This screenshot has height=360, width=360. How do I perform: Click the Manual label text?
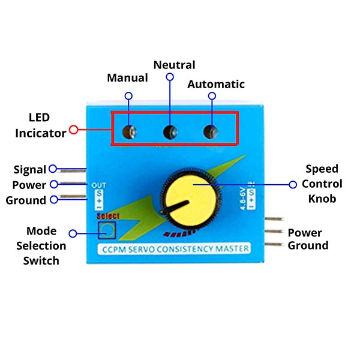click(x=127, y=78)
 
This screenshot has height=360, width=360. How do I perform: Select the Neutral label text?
click(x=174, y=65)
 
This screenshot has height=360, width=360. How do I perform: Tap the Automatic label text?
click(x=216, y=85)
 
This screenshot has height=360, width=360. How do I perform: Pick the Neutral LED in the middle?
click(x=170, y=131)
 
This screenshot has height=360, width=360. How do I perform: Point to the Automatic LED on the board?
click(x=210, y=131)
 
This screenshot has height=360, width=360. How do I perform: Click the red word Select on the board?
click(x=108, y=216)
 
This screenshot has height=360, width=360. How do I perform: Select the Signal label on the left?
click(x=30, y=170)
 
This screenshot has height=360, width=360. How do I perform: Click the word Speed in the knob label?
click(x=322, y=169)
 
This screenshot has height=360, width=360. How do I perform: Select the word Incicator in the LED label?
click(x=41, y=133)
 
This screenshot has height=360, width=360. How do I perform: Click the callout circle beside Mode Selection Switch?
click(x=74, y=233)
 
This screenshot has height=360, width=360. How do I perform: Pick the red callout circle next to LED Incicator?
click(x=74, y=128)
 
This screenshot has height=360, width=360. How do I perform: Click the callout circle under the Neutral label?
click(x=170, y=77)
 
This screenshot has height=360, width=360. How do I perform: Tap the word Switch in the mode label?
click(x=41, y=260)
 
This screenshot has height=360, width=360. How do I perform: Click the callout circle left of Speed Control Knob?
click(x=293, y=185)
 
